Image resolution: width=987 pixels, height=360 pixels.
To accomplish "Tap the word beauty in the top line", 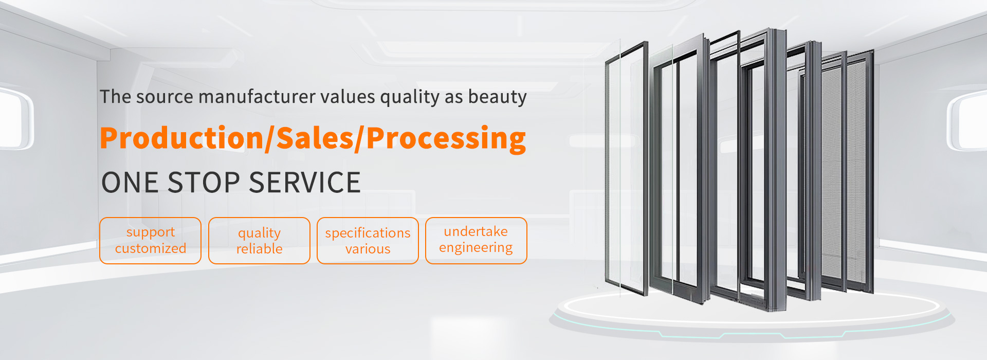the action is (x=498, y=97).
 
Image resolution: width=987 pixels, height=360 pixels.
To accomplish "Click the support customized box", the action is (x=150, y=241).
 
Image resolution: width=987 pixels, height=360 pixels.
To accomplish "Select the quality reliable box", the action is (x=259, y=241).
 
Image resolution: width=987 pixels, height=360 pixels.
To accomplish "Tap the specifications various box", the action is (x=368, y=241).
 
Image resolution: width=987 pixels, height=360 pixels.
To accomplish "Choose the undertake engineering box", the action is (x=476, y=241).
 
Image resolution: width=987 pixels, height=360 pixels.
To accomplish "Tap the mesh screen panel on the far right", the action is (x=860, y=172).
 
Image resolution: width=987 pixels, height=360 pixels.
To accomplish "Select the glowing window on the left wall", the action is (x=15, y=118).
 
